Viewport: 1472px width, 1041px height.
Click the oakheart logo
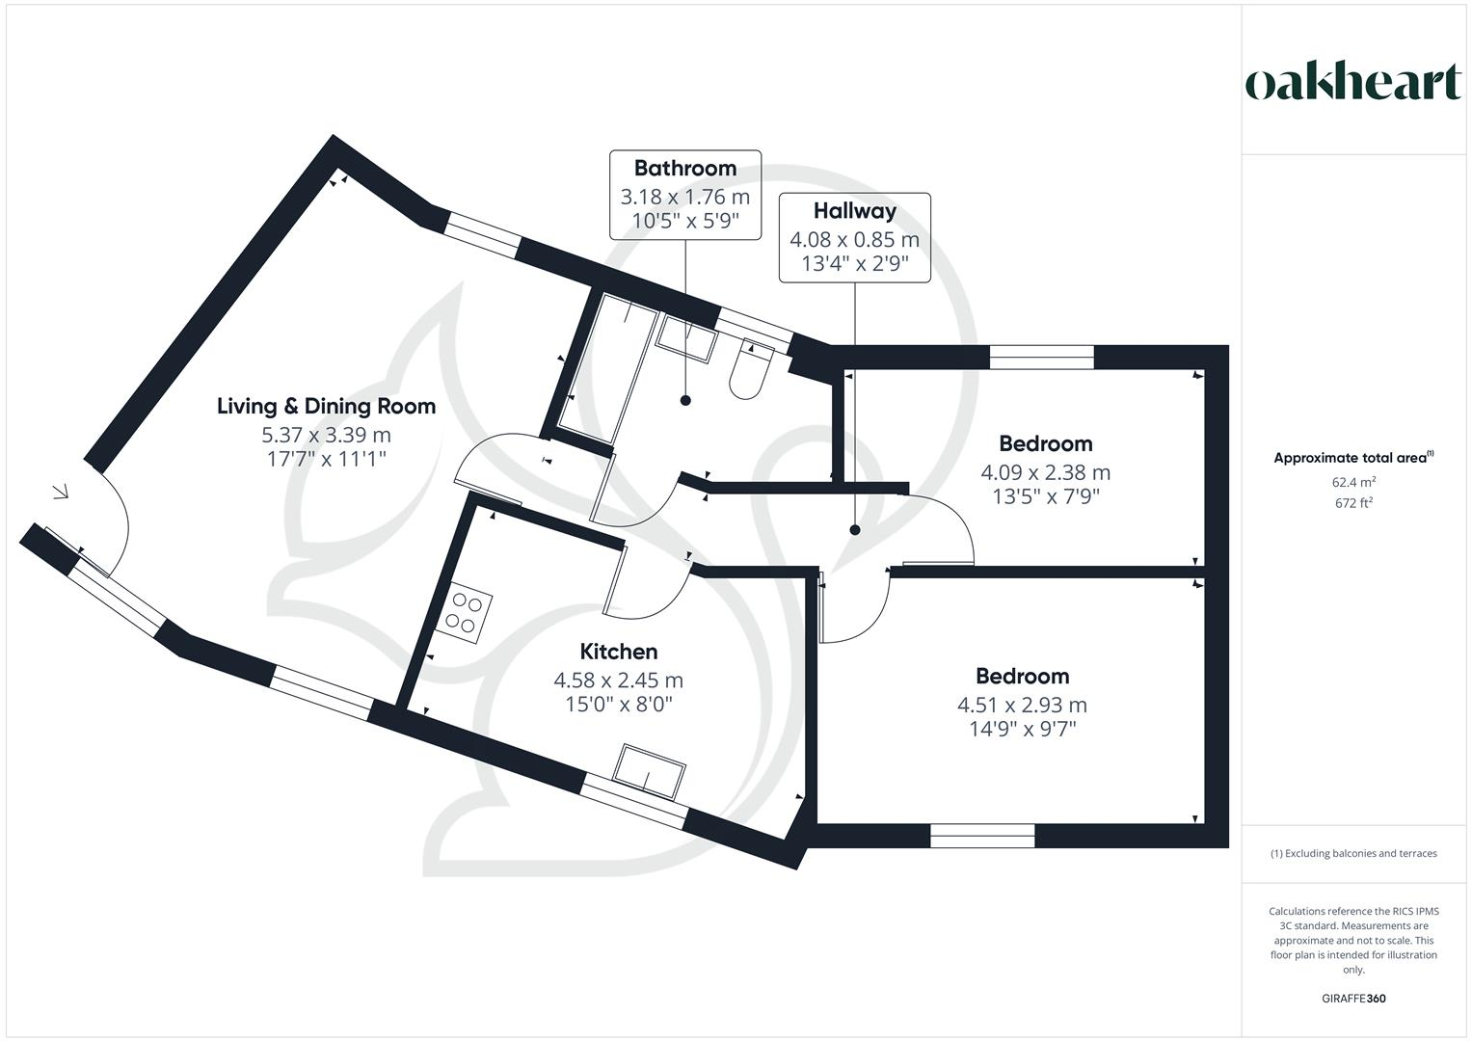tap(1353, 83)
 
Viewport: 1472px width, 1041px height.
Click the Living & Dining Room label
tap(326, 406)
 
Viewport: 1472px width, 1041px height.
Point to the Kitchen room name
tap(618, 652)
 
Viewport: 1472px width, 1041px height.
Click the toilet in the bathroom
tap(749, 372)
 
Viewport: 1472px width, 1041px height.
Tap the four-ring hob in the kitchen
tap(467, 614)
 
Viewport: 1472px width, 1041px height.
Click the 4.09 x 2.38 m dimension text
tap(1045, 472)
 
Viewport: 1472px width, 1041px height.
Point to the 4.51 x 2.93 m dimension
tap(1022, 705)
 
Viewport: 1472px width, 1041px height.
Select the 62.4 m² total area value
tap(1353, 482)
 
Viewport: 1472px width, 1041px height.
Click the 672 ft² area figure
tap(1353, 503)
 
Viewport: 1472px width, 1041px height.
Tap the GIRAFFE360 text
tap(1353, 999)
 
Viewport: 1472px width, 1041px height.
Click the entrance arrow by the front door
tap(60, 493)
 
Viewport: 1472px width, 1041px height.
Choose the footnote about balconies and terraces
tap(1353, 853)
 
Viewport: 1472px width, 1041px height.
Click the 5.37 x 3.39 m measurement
tap(326, 435)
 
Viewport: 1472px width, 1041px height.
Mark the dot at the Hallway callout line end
tap(854, 530)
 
